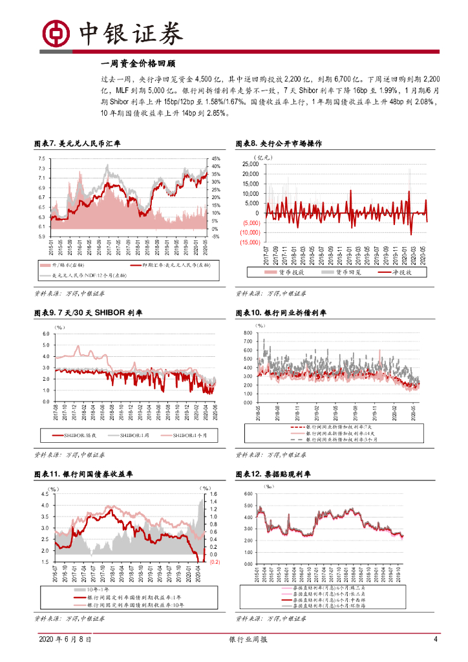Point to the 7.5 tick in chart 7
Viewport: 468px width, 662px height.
41,158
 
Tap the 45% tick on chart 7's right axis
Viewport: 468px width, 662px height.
216,158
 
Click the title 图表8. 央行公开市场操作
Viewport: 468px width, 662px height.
279,144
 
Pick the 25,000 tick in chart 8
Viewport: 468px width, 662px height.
249,164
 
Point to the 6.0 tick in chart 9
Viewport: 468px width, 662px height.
45,334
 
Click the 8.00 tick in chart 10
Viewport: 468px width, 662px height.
247,333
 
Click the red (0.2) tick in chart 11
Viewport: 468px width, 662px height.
216,562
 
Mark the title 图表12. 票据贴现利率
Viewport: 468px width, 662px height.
273,474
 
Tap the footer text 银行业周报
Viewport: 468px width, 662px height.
248,657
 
